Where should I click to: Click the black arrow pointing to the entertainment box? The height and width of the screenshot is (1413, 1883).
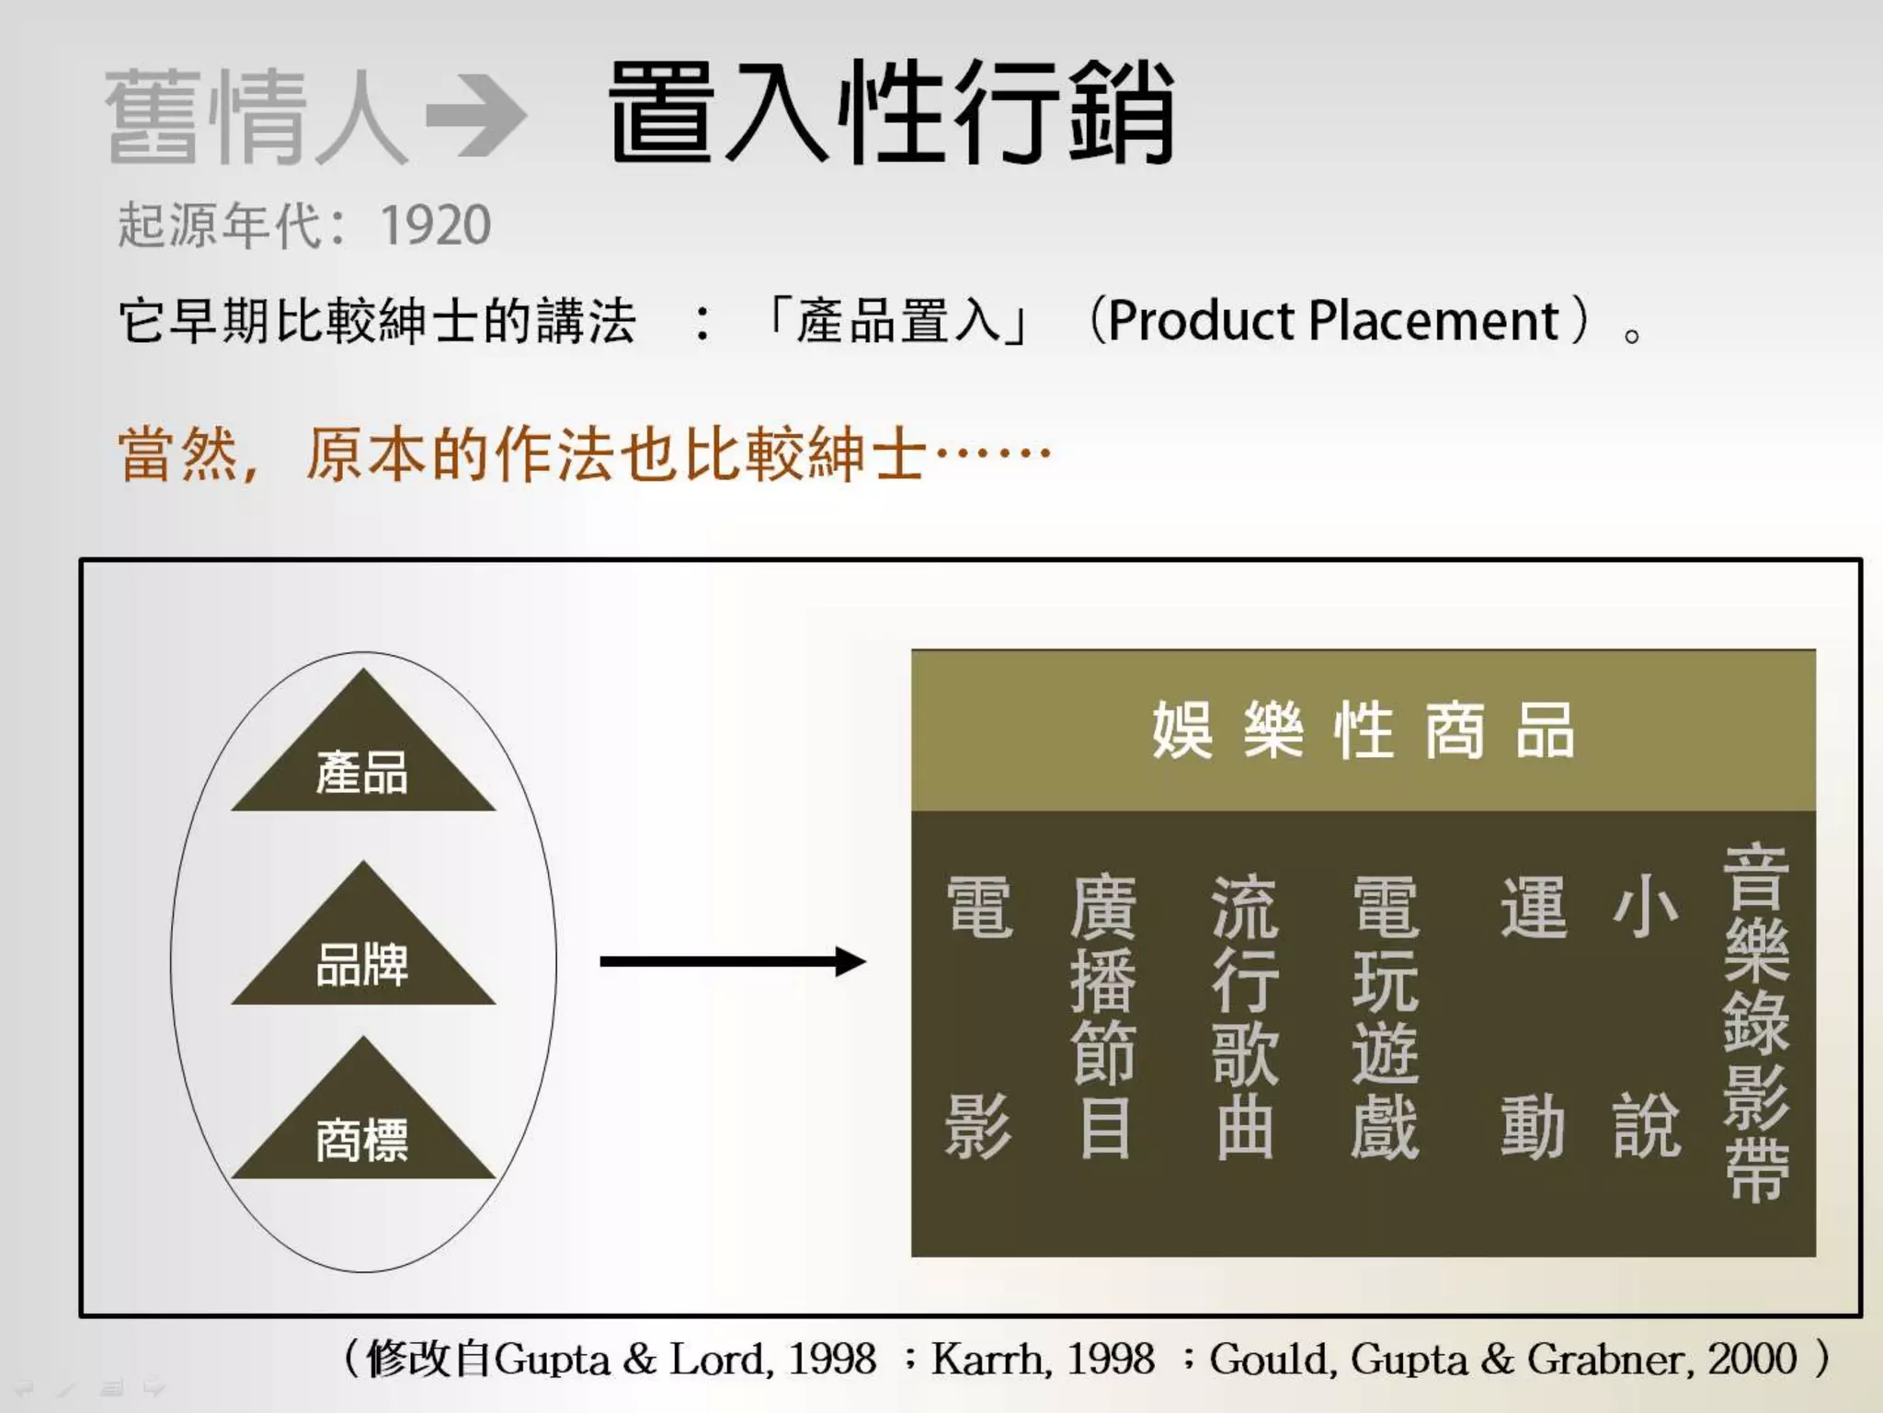732,962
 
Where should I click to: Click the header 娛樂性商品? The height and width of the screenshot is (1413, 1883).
1363,730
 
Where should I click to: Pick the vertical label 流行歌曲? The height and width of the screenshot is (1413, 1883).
1244,1016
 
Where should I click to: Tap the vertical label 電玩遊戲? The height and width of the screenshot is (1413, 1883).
1385,1016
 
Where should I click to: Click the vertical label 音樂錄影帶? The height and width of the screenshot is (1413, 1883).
1755,1021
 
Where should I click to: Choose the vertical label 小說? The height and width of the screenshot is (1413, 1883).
1646,1016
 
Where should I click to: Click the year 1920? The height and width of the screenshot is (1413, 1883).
436,225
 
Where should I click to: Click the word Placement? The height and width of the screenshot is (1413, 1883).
1433,321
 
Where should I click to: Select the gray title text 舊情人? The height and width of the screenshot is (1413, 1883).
257,117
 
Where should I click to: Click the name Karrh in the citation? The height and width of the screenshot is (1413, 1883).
987,1360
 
